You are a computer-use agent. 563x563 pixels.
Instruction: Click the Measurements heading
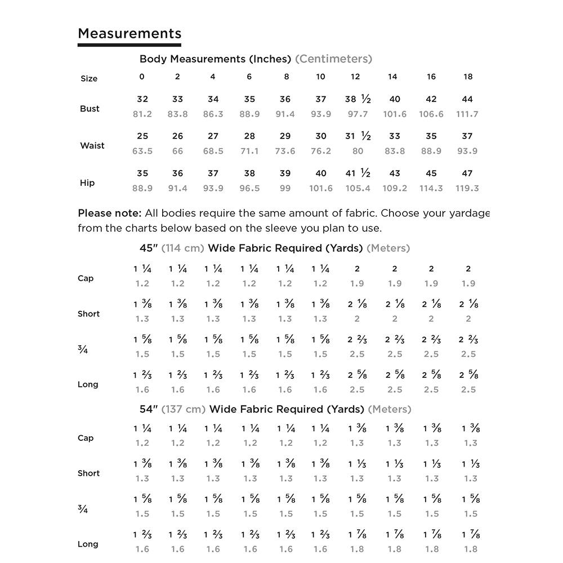click(x=129, y=34)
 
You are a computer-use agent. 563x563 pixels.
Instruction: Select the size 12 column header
click(x=355, y=77)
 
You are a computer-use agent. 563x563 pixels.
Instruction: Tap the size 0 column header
click(x=142, y=77)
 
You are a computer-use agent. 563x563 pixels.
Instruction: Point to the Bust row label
click(x=90, y=109)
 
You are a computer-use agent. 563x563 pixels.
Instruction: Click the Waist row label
click(x=92, y=146)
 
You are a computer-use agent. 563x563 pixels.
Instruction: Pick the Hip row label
click(x=87, y=183)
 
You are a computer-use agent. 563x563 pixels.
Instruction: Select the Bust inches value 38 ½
click(x=358, y=99)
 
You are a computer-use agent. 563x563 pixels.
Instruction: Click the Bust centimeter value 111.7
click(x=467, y=114)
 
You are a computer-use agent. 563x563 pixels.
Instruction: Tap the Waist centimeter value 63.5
click(x=142, y=151)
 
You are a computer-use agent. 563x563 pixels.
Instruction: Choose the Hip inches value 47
click(x=467, y=173)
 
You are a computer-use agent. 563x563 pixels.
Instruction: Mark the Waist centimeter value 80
click(x=358, y=151)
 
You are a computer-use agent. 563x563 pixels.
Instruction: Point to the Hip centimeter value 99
click(x=285, y=189)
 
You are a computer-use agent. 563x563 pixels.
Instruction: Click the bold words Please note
click(x=109, y=213)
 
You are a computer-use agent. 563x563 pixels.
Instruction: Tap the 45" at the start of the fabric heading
click(x=149, y=248)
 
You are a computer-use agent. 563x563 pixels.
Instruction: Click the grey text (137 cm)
click(x=184, y=409)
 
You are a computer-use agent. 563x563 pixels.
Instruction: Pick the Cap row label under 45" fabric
click(x=86, y=278)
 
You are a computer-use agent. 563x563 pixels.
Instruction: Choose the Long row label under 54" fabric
click(x=88, y=544)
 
